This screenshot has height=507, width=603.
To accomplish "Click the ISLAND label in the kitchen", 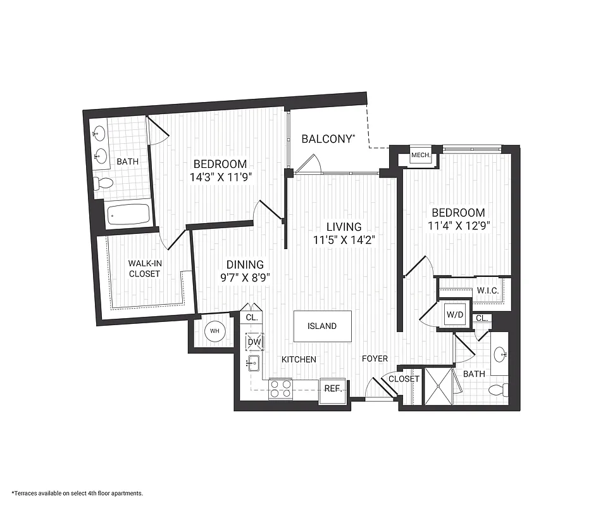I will [323, 326].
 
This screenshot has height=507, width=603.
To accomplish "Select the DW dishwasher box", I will [254, 342].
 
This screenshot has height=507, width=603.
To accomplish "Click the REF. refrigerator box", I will [333, 388].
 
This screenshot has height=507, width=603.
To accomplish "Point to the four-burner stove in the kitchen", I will [280, 388].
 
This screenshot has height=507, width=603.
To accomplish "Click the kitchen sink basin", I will [254, 363].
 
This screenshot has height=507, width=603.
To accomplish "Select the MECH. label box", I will [421, 155].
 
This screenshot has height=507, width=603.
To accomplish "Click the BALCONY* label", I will [327, 139].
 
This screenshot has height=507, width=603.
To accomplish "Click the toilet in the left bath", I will [103, 184].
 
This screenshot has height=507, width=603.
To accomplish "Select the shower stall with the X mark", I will [438, 385].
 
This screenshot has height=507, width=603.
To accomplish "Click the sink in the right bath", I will [500, 354].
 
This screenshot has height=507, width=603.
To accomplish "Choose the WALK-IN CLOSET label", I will [144, 269].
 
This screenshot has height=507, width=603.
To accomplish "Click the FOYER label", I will [375, 359].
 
